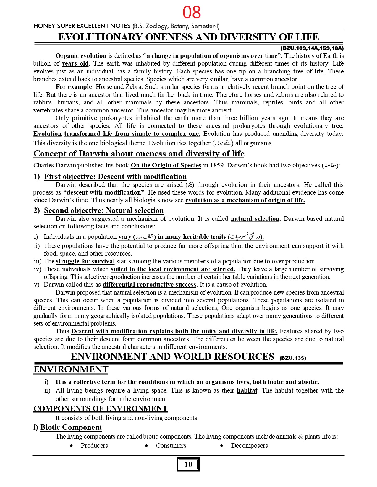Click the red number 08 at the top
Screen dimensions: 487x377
tap(192, 12)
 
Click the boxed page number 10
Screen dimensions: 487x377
tap(188, 464)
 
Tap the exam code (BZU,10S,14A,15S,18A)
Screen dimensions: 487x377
tap(312, 48)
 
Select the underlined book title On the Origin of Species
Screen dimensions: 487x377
tap(166, 165)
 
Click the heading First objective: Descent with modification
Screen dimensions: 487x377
tap(115, 177)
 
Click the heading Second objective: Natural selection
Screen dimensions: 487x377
tap(104, 210)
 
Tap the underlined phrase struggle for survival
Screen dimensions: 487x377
tap(85, 261)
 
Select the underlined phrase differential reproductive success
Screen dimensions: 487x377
tap(149, 285)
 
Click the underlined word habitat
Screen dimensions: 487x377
tap(247, 390)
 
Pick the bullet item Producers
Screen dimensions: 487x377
tap(94, 446)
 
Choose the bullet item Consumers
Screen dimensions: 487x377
tap(171, 446)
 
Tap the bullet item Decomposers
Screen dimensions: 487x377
tap(249, 446)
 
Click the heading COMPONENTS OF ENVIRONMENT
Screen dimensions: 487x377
tap(100, 409)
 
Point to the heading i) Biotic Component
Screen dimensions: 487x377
tap(68, 427)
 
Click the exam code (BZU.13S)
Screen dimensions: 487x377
tap(292, 358)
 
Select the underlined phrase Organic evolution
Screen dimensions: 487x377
tap(81, 56)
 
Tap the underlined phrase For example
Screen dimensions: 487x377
tap(74, 87)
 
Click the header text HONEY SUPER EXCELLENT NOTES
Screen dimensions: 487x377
tap(82, 26)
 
